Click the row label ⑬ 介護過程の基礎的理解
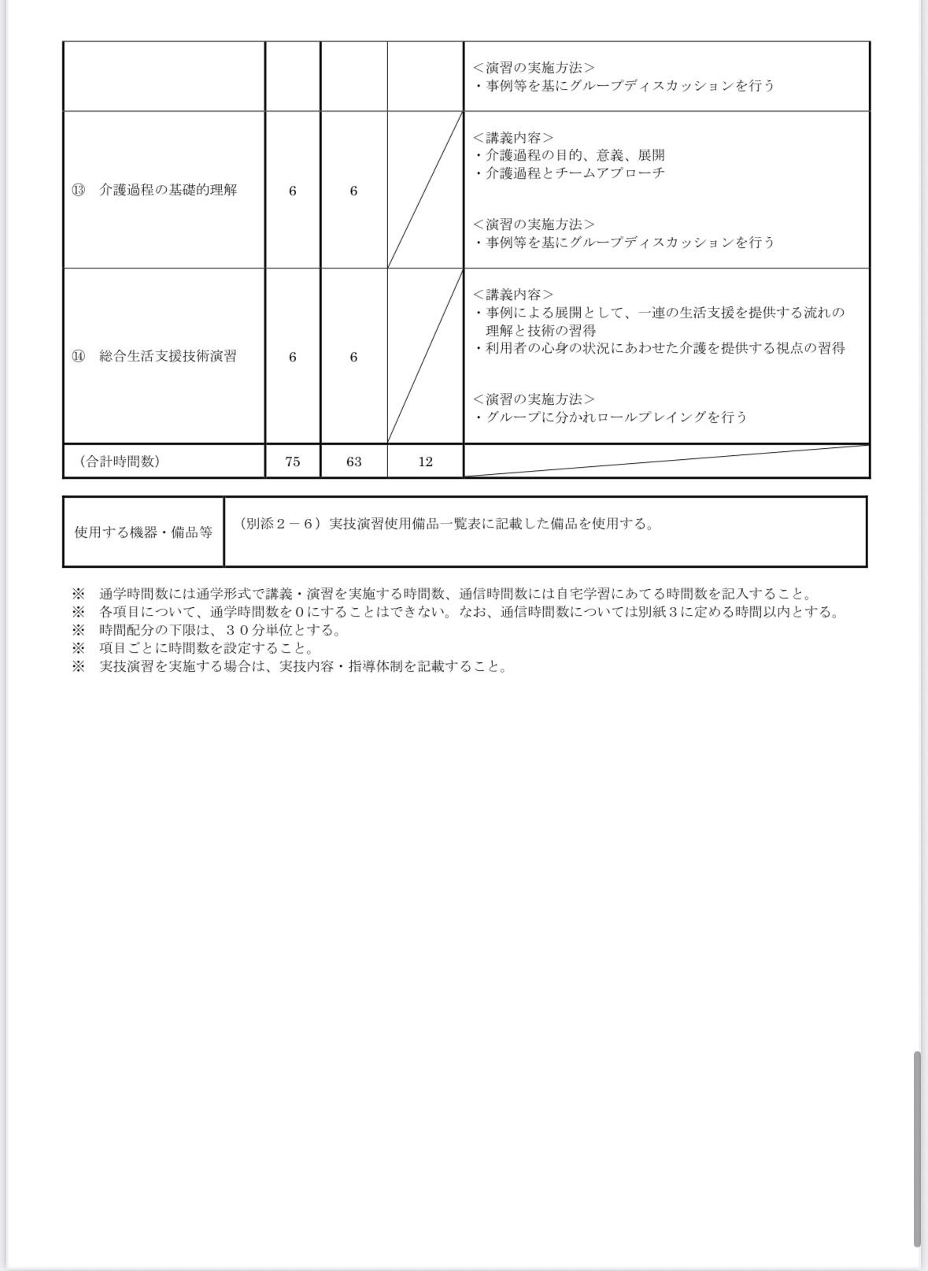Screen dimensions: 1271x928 click(154, 191)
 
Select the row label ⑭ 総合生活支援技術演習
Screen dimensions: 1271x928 click(154, 357)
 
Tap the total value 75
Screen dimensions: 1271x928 click(293, 462)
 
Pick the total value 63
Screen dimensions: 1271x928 click(353, 462)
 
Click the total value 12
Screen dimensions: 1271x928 click(425, 462)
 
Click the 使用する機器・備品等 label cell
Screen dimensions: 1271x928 click(143, 532)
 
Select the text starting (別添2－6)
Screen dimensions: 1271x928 click(446, 524)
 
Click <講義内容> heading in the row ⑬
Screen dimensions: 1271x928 click(513, 138)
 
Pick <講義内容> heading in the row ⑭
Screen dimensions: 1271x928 click(513, 295)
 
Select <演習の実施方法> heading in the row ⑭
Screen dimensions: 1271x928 click(534, 399)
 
